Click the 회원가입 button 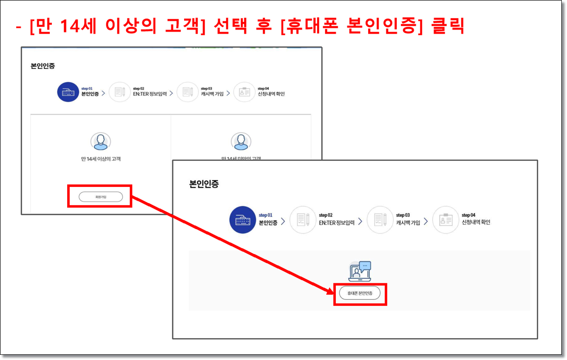click(100, 197)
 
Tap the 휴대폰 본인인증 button click(360, 293)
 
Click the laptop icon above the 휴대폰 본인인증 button click(359, 271)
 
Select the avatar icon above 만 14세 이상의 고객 click(100, 141)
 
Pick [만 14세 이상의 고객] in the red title click(116, 27)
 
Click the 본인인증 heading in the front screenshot click(204, 184)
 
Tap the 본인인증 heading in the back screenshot click(43, 66)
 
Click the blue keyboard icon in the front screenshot click(242, 219)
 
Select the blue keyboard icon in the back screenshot click(68, 92)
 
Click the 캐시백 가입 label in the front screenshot click(408, 222)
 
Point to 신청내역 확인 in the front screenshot click(476, 222)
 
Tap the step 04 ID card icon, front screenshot click(445, 219)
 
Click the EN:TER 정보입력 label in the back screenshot click(150, 94)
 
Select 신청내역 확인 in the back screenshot click(271, 94)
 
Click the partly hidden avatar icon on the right click(241, 141)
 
